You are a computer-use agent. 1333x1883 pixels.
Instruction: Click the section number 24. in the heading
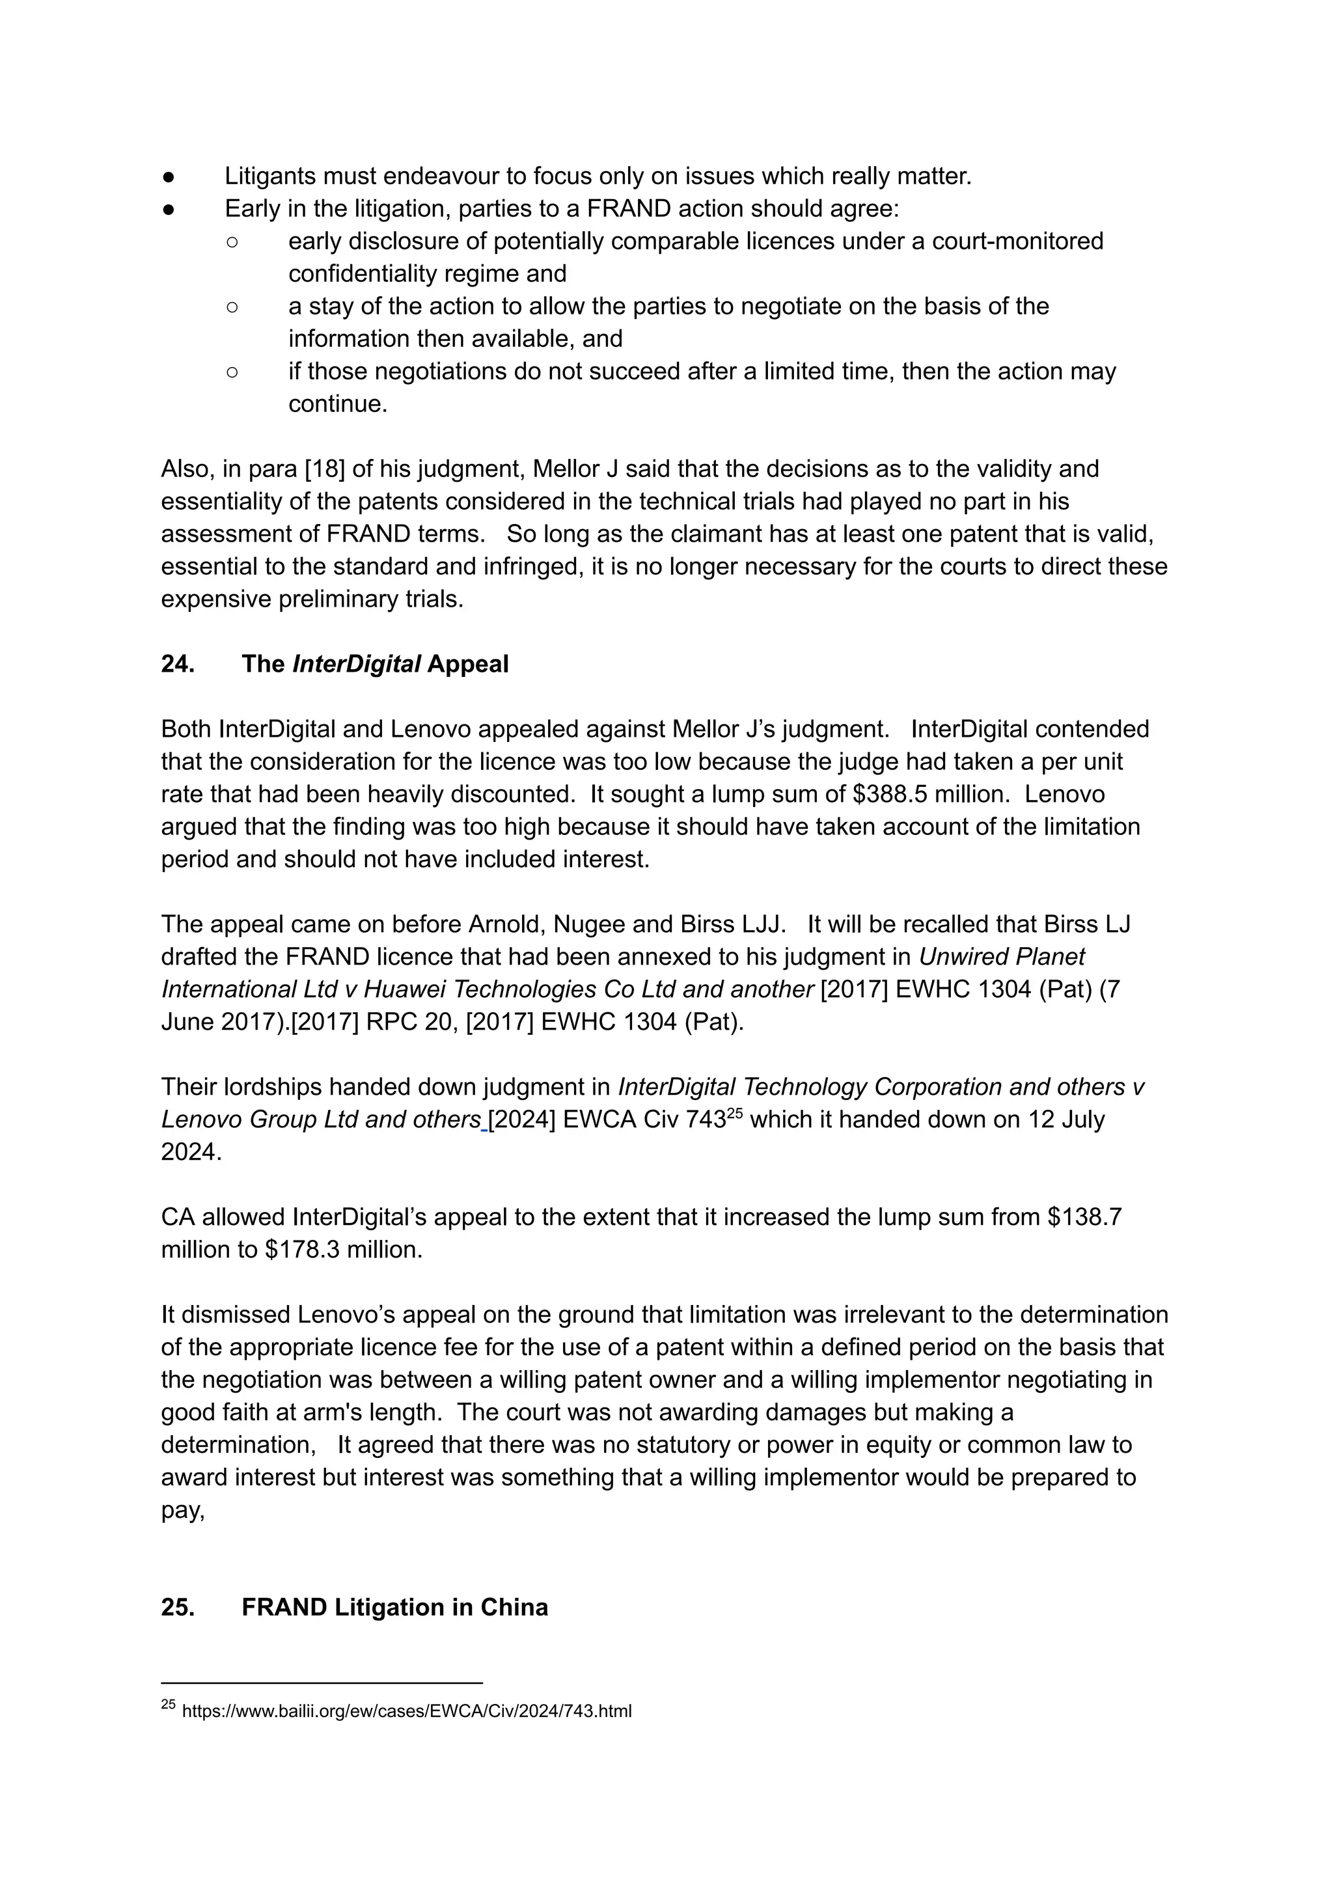click(x=177, y=664)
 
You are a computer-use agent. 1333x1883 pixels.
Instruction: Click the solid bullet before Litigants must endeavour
click(x=167, y=176)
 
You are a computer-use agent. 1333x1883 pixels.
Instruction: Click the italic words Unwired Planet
click(x=1002, y=957)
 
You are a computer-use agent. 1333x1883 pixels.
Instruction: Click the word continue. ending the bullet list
click(x=337, y=404)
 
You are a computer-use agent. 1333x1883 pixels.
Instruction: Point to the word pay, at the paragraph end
click(x=182, y=1510)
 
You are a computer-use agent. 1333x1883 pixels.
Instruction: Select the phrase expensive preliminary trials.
click(x=312, y=599)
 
